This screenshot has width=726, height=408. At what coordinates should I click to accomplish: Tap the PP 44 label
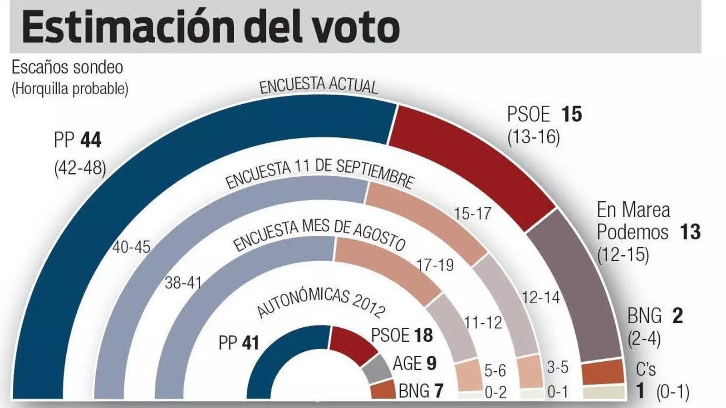pyautogui.click(x=78, y=140)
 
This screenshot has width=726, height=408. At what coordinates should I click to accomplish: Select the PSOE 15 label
pyautogui.click(x=544, y=114)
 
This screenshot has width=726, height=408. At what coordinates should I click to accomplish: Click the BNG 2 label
pyautogui.click(x=655, y=316)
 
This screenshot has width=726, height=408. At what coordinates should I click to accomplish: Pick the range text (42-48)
pyautogui.click(x=80, y=168)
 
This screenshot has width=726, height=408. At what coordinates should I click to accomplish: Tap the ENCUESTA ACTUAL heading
pyautogui.click(x=318, y=85)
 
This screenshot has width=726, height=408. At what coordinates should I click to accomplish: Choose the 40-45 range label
pyautogui.click(x=131, y=247)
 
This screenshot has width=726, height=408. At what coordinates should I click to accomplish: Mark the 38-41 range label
pyautogui.click(x=183, y=283)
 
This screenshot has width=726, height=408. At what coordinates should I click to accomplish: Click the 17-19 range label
pyautogui.click(x=435, y=265)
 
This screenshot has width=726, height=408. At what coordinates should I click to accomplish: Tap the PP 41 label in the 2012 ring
pyautogui.click(x=239, y=343)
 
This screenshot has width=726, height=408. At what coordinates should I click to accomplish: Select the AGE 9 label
pyautogui.click(x=414, y=363)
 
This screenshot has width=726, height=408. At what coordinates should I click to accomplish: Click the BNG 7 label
pyautogui.click(x=421, y=391)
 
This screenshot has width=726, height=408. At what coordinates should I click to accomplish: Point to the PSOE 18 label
pyautogui.click(x=402, y=335)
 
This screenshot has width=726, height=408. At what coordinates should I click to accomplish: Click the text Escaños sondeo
pyautogui.click(x=67, y=68)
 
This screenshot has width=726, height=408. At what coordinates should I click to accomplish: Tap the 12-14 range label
pyautogui.click(x=540, y=297)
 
